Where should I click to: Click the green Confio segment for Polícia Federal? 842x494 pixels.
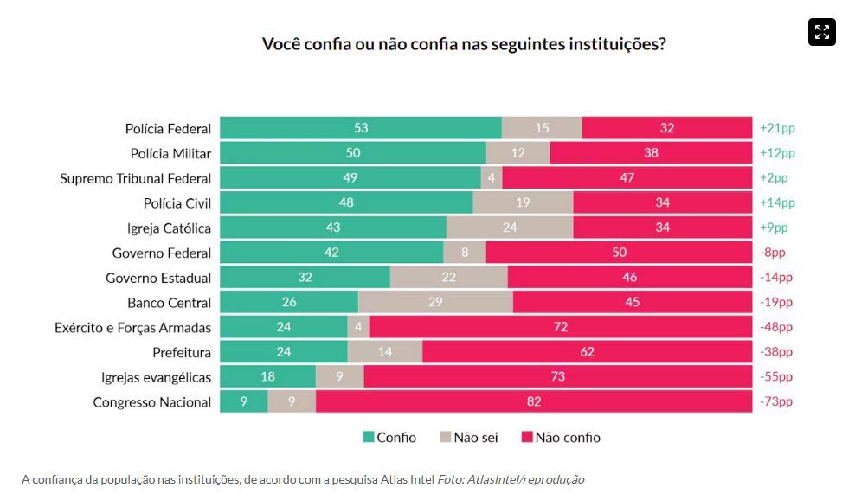click(x=361, y=128)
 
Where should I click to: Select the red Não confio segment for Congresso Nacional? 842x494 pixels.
click(x=534, y=402)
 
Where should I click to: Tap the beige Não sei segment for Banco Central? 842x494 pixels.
click(x=435, y=303)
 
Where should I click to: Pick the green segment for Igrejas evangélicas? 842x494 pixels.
click(x=267, y=377)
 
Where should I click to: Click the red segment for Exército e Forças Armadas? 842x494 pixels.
click(x=560, y=327)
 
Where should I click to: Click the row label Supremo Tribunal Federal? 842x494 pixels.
click(x=135, y=178)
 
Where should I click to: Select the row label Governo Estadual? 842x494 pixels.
click(x=158, y=278)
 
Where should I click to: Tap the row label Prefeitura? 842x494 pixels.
click(x=182, y=352)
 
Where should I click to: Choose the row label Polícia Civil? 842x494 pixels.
click(x=177, y=203)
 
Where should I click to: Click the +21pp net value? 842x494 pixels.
click(x=777, y=128)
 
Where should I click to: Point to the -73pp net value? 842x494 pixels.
click(x=776, y=402)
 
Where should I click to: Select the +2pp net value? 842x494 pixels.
click(x=774, y=178)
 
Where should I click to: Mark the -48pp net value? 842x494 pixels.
click(x=776, y=327)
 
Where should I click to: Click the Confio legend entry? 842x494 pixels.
click(x=389, y=438)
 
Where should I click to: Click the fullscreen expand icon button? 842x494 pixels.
click(x=822, y=32)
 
